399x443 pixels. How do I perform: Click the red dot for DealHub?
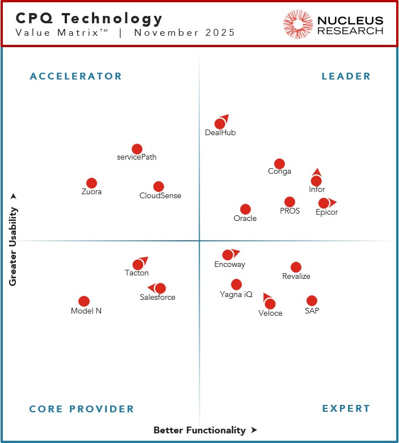pos(220,124)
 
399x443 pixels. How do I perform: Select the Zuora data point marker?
pos(91,183)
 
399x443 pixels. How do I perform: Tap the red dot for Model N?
pos(84,301)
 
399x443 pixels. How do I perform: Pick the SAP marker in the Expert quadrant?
pos(312,300)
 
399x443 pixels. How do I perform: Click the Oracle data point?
pos(245,209)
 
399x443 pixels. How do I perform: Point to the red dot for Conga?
pos(279,164)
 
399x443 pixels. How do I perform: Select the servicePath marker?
pos(137,149)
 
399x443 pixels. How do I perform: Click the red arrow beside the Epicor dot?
pos(333,202)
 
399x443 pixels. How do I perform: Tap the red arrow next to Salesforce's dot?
pos(151,288)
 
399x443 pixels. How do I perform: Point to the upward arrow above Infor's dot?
pos(317,172)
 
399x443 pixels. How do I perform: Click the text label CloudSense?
pos(161,196)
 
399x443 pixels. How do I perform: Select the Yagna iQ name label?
pos(236,294)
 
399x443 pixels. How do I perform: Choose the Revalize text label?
pos(296,277)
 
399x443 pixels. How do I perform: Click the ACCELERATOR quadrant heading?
pos(75,76)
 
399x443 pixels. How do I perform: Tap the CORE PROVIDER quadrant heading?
pos(81,409)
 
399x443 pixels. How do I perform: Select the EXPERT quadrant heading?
pos(346,409)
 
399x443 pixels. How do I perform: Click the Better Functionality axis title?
pos(199,431)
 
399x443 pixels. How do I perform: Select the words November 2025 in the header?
pos(184,32)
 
